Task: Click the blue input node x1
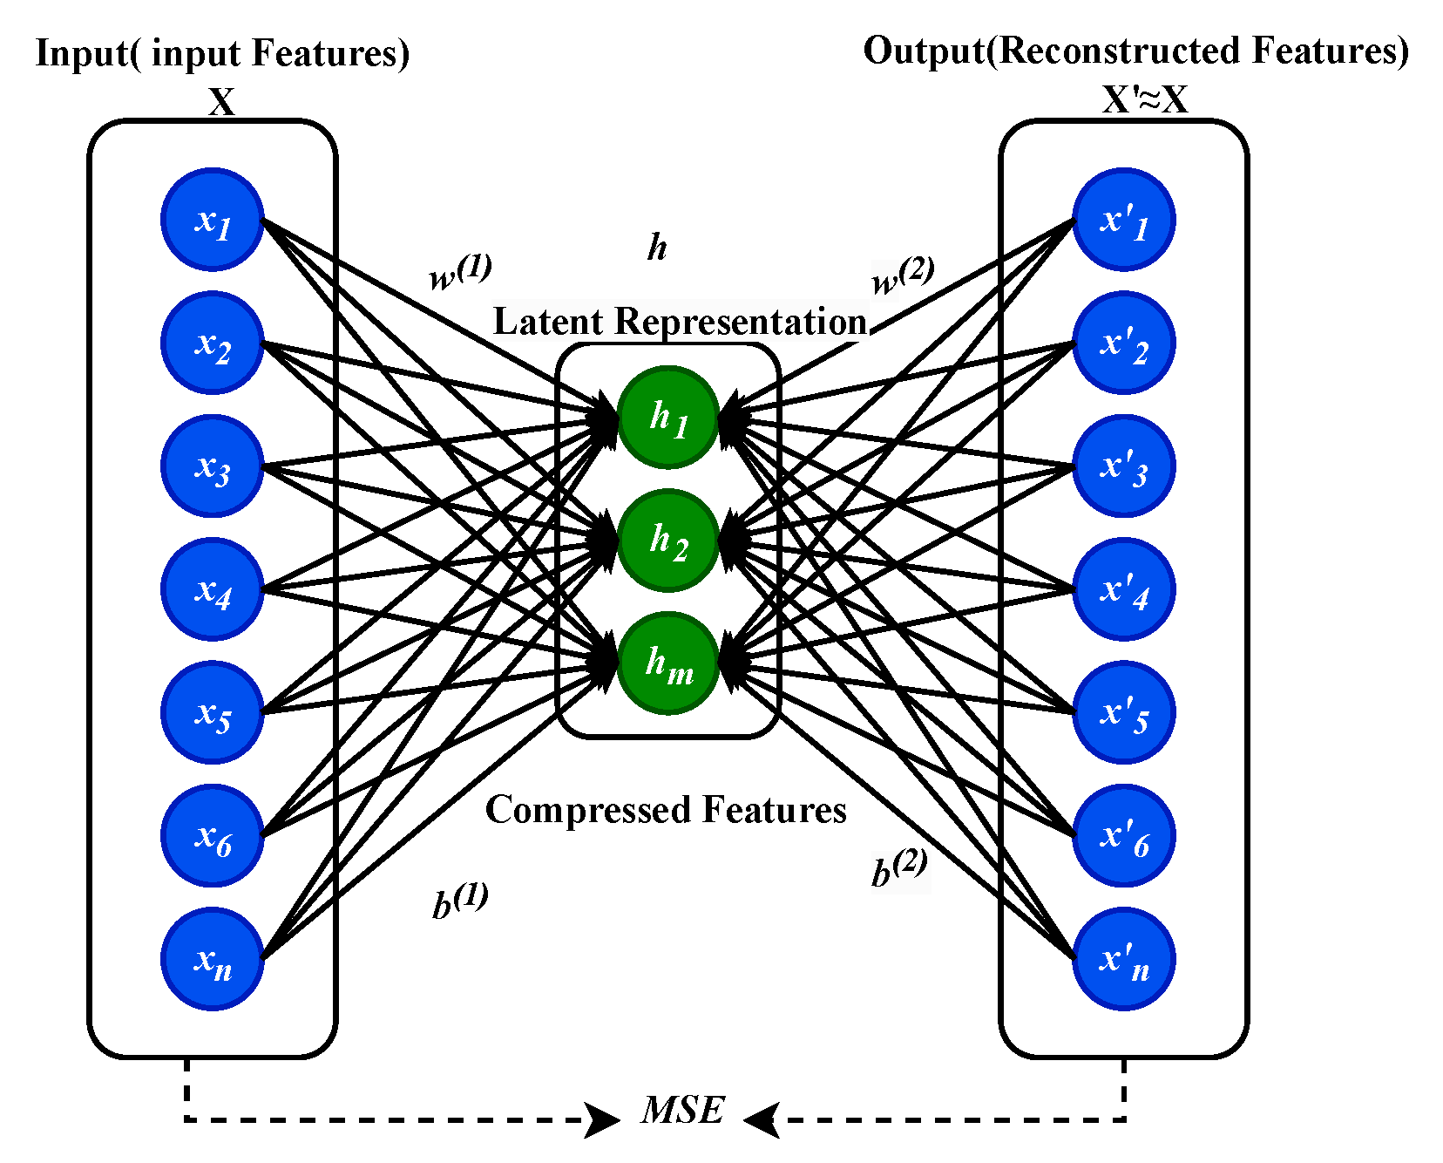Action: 212,220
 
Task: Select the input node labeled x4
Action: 212,589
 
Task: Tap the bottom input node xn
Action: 212,959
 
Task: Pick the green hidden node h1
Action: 668,417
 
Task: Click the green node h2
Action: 668,541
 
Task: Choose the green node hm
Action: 668,663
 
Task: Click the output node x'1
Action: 1123,220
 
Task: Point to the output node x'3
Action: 1123,466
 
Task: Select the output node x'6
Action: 1123,836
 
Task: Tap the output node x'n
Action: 1123,959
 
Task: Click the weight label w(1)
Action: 460,273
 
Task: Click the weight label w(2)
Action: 903,275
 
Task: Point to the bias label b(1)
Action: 460,901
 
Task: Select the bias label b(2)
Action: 899,868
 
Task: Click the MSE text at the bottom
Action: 682,1111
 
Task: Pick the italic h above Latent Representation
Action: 657,248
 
